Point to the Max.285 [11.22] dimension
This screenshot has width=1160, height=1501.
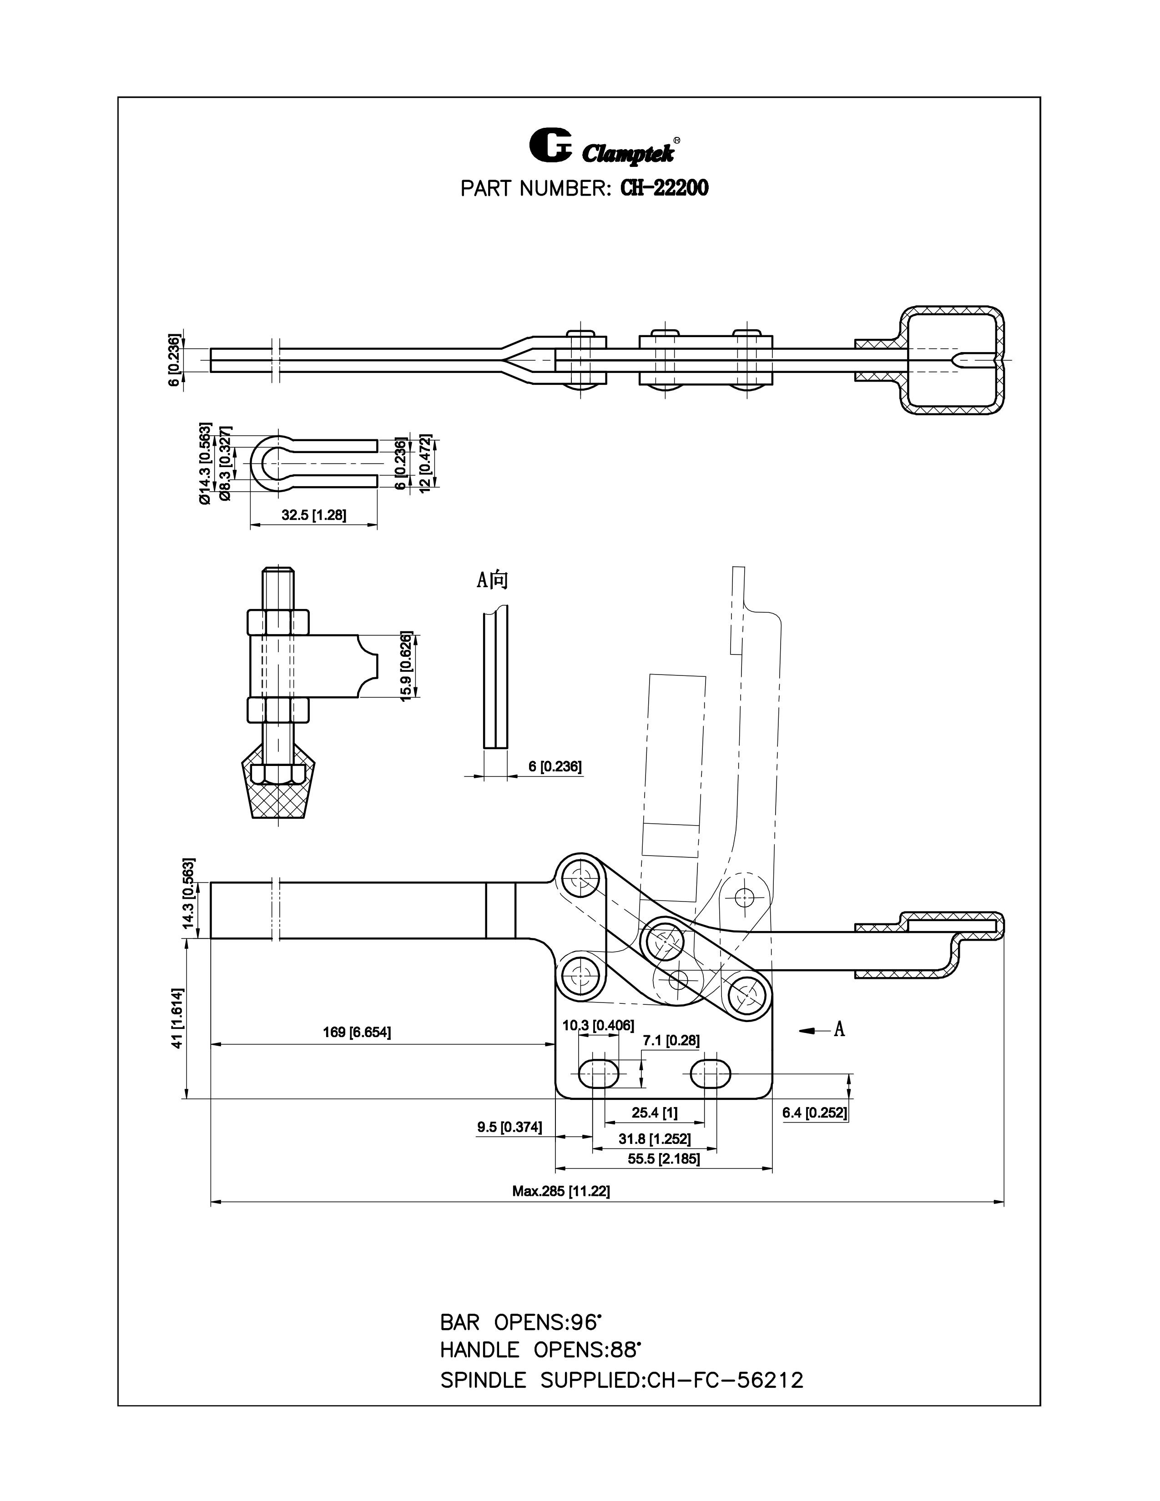(x=561, y=1191)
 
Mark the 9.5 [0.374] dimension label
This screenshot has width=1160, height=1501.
(x=509, y=1127)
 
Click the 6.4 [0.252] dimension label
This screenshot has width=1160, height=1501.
(x=815, y=1113)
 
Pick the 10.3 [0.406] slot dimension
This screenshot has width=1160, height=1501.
(x=598, y=1025)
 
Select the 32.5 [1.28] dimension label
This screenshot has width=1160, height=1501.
(x=313, y=515)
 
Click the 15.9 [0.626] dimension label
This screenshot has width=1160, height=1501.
(x=406, y=665)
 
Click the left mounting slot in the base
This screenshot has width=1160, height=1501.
(x=599, y=1072)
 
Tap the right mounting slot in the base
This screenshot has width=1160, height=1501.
(x=711, y=1072)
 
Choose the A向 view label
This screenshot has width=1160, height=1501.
(x=493, y=580)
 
